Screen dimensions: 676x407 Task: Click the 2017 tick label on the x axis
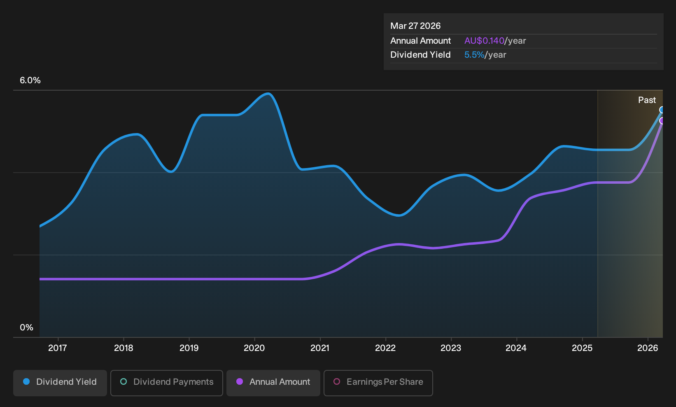[x=58, y=348]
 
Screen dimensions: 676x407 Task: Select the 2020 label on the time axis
[x=254, y=348]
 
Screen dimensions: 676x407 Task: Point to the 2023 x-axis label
[x=451, y=348]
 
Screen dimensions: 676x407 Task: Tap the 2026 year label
[x=648, y=348]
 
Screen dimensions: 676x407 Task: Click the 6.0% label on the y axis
[x=30, y=80]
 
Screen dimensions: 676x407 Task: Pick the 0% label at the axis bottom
[x=27, y=327]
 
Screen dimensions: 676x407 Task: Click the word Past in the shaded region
[x=647, y=100]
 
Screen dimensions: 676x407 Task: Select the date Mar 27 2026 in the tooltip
[x=415, y=26]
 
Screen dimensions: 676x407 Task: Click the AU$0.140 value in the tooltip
[x=484, y=41]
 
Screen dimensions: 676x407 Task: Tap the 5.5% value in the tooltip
[x=474, y=55]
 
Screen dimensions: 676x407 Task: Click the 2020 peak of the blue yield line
[x=268, y=94]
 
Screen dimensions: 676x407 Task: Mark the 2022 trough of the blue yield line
[x=399, y=215]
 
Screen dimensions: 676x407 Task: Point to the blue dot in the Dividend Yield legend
[x=27, y=381]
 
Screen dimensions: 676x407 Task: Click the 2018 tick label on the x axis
[x=124, y=348]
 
